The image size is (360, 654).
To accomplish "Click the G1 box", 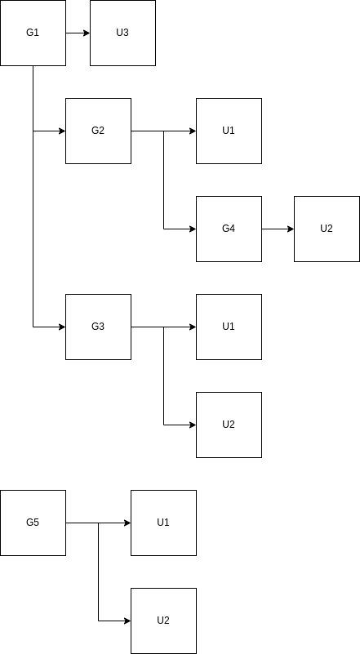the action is tap(33, 33).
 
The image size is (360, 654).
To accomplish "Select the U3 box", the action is tap(122, 33).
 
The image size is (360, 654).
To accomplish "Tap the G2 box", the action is tap(98, 131).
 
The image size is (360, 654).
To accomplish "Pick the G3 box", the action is tap(98, 327).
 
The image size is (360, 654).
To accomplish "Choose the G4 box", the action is tap(229, 229).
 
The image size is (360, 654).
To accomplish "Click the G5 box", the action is tap(33, 523).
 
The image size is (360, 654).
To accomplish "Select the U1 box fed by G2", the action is tap(229, 131).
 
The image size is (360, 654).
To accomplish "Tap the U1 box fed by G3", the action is tap(229, 327).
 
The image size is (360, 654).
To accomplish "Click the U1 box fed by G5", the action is tap(163, 523).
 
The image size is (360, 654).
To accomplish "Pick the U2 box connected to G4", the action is tap(327, 229).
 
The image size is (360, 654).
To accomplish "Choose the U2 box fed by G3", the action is tap(229, 425).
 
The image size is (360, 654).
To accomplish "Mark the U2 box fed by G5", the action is tap(163, 621).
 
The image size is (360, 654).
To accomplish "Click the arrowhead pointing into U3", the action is tap(87, 33).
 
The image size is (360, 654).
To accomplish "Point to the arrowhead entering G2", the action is tap(62, 131).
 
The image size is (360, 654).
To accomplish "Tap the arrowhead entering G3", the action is tap(62, 327).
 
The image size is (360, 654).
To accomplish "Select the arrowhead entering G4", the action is tap(193, 229).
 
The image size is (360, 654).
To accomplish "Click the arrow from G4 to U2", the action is tap(278, 229).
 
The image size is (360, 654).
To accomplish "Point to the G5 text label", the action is tap(33, 523).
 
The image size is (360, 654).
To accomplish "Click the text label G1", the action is tap(33, 33).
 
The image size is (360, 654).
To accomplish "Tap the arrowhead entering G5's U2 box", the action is tap(127, 621).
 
